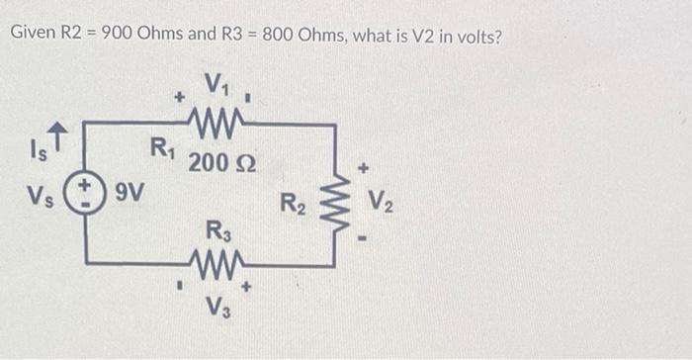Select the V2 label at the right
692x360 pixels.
(382, 207)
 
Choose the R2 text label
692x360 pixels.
(292, 207)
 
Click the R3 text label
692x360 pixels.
(216, 234)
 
